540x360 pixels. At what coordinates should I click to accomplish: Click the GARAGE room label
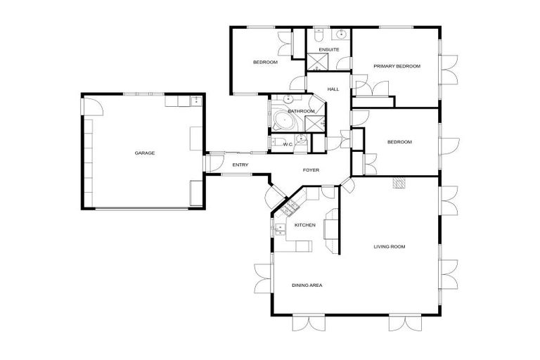tap(145, 153)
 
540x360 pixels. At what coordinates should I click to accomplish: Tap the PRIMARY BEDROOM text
tap(397, 66)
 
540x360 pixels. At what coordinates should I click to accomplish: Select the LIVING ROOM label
tap(389, 247)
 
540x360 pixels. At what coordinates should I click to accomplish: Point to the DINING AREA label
tap(307, 285)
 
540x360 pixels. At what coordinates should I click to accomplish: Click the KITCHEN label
tap(304, 225)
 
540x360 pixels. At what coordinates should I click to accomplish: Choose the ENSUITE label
tap(328, 50)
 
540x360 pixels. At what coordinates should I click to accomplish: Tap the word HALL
tap(333, 89)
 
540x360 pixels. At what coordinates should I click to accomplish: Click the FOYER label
tap(311, 170)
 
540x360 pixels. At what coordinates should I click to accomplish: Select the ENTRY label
tap(240, 165)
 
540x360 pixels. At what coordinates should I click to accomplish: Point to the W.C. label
tap(288, 144)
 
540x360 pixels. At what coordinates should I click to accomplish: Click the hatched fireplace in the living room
tap(399, 184)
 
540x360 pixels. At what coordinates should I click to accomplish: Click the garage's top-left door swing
tap(94, 106)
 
